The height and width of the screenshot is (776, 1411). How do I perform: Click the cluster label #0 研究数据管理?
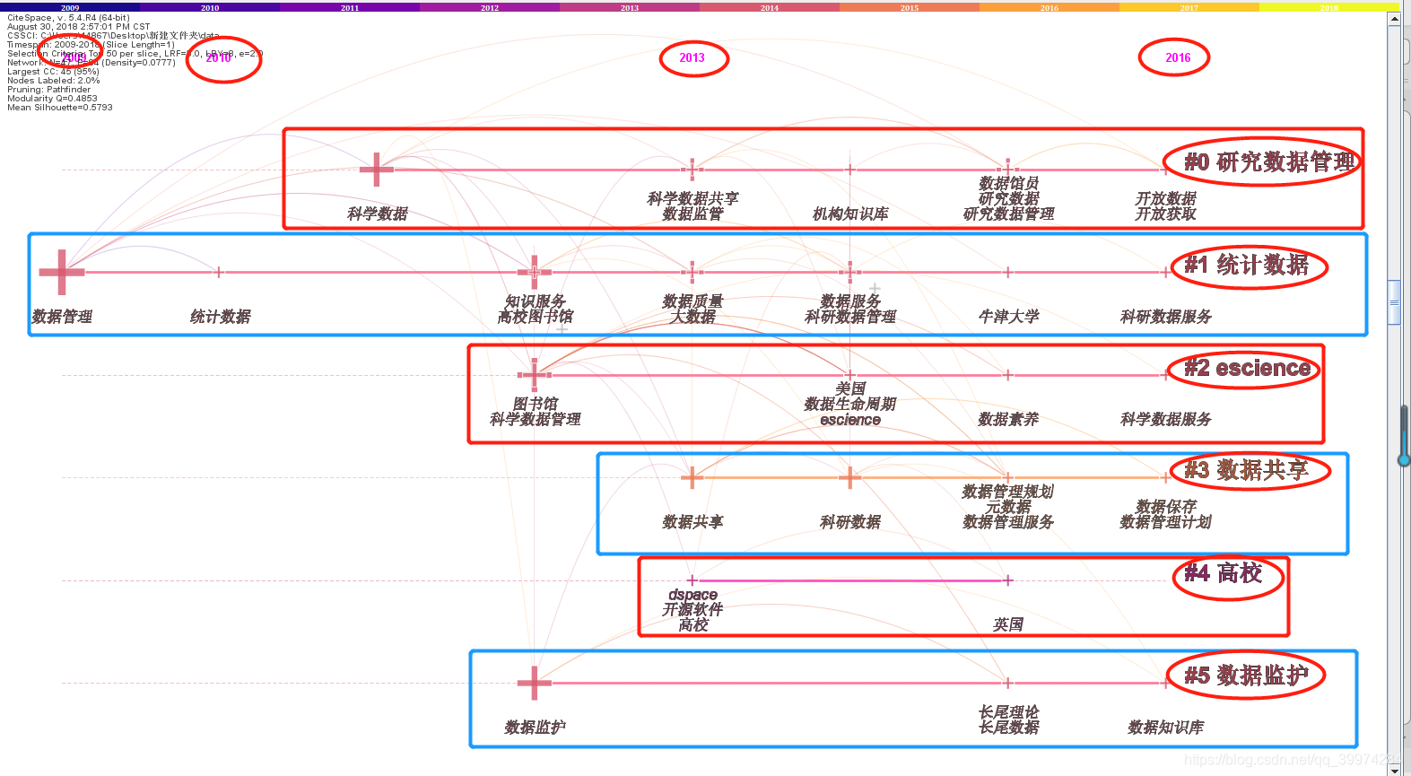[1268, 162]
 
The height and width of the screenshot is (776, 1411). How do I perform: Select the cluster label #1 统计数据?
[1247, 266]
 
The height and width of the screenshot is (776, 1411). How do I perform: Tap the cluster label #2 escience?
[1247, 368]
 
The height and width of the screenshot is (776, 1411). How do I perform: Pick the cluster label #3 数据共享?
[1247, 470]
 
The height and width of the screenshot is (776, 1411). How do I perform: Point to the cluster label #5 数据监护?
[1247, 676]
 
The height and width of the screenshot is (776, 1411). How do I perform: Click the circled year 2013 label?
[692, 58]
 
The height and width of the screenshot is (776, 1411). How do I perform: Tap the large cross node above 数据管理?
[61, 272]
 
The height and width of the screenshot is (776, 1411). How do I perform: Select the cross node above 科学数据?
[377, 169]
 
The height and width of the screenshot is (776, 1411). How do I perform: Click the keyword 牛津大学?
[1008, 317]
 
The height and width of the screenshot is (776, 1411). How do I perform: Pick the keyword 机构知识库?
[850, 214]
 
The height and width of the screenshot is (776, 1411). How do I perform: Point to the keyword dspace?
[692, 595]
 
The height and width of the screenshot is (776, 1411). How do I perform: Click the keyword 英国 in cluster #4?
[1008, 624]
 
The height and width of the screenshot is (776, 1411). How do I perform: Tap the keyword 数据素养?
[1008, 419]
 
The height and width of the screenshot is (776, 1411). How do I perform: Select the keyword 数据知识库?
[1165, 728]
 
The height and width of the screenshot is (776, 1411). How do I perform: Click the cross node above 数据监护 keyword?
[535, 683]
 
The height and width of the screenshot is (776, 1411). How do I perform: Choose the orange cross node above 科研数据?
[849, 477]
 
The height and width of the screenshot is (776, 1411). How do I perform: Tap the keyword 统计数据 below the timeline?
[221, 317]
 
